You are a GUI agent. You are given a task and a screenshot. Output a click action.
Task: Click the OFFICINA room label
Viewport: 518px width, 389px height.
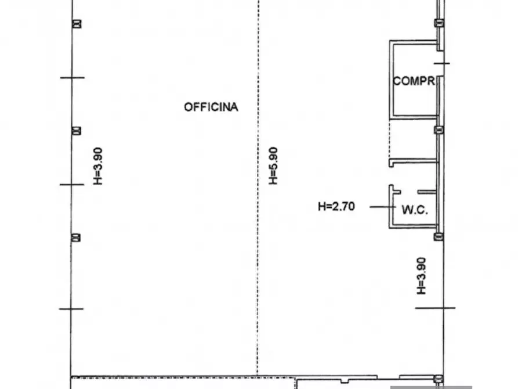click(211, 107)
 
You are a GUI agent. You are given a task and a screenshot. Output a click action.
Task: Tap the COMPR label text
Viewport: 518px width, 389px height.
click(414, 81)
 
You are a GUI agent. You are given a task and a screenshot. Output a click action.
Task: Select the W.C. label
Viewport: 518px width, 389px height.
click(415, 210)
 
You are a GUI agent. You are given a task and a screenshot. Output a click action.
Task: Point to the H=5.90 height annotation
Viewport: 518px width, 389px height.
click(273, 165)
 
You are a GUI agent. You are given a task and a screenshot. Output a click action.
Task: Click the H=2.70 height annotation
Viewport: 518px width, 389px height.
click(336, 207)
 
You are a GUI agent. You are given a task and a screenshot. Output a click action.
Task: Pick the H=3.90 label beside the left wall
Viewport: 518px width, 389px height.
click(98, 166)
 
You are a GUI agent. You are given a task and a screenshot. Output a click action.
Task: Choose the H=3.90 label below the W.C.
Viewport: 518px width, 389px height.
click(421, 276)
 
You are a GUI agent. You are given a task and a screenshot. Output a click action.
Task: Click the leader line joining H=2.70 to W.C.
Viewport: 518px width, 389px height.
click(382, 207)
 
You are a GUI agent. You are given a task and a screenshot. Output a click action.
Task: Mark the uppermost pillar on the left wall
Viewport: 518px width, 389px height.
click(77, 24)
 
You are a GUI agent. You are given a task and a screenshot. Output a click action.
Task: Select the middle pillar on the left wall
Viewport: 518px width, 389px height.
click(77, 131)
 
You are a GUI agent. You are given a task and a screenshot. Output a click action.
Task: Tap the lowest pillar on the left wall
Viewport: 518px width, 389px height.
click(76, 237)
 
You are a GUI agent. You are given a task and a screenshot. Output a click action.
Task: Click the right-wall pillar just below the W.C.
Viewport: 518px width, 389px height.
click(439, 236)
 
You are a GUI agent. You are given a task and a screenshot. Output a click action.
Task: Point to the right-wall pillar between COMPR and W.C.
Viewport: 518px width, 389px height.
click(439, 130)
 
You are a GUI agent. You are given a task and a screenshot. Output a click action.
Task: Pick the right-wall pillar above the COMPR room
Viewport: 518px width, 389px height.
click(439, 23)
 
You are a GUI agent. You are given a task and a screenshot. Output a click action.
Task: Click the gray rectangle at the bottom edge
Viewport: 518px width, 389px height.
click(431, 387)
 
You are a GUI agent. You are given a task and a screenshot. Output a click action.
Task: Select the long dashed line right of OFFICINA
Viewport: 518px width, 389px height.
click(258, 188)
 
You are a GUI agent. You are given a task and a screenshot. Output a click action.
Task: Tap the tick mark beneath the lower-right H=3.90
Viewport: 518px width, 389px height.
click(435, 308)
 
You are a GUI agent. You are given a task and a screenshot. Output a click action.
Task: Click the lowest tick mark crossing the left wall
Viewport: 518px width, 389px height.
click(71, 309)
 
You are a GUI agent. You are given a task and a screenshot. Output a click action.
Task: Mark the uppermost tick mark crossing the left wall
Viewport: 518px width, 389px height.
click(73, 78)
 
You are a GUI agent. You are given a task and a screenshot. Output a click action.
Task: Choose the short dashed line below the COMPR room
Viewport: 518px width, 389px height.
click(390, 139)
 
